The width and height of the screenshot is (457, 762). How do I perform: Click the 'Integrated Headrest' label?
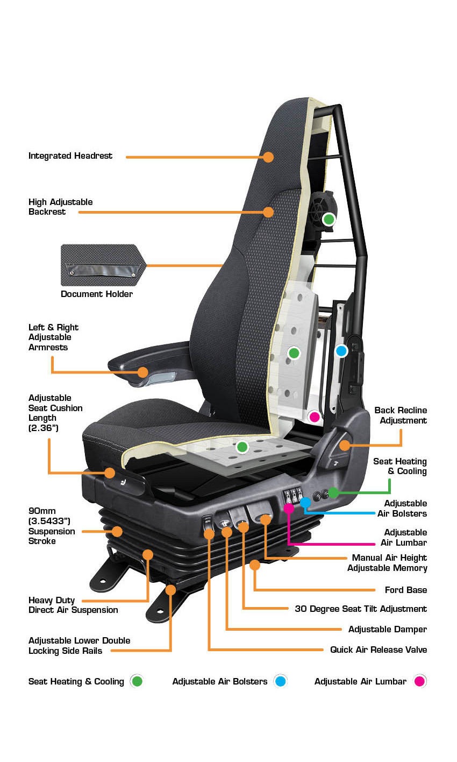[70, 156]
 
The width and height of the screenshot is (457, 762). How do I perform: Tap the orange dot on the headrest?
[268, 157]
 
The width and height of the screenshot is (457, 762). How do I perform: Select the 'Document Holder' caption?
[96, 294]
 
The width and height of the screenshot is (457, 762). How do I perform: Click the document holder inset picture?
[103, 265]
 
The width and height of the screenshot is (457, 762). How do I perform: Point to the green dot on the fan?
[329, 220]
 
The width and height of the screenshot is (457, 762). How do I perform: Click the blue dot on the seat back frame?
[341, 351]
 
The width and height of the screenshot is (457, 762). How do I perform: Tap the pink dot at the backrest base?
[315, 417]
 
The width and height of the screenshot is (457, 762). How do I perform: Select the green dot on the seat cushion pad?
[242, 447]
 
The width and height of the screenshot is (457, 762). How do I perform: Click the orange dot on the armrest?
[142, 372]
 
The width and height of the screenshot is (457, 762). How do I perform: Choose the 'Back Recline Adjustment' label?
[400, 415]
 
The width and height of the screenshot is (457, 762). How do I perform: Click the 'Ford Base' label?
[406, 590]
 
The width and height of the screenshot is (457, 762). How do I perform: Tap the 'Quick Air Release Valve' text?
[379, 650]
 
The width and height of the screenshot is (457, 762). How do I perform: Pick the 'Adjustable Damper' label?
[387, 629]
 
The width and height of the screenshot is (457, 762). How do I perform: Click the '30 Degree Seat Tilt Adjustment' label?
[361, 609]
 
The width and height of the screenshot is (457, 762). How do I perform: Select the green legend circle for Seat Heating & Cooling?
[137, 681]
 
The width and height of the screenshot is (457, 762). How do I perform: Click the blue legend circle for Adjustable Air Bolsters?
[280, 681]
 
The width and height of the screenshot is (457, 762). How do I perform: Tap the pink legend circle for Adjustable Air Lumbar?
[419, 681]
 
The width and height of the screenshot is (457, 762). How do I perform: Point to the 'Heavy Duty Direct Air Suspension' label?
[73, 605]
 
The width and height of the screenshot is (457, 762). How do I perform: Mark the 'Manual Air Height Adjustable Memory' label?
[387, 563]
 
